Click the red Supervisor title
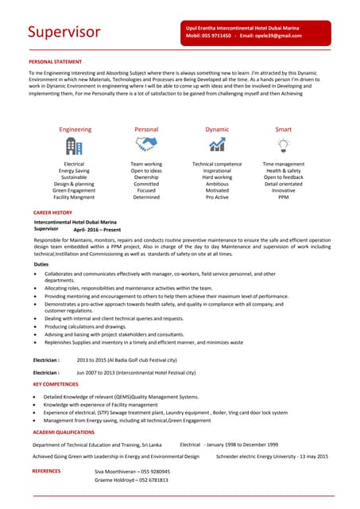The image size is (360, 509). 64,32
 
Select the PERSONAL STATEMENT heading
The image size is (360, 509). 55,61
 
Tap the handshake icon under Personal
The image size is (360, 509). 146,144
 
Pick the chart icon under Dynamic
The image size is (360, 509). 217,145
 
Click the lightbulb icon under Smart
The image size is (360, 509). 283,145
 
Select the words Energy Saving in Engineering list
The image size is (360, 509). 74,170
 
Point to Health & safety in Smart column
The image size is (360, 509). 283,170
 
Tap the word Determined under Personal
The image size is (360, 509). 146,197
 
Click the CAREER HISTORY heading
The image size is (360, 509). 52,213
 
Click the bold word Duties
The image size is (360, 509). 41,264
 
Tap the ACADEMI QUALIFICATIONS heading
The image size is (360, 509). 64,433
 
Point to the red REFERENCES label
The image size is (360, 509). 46,472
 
